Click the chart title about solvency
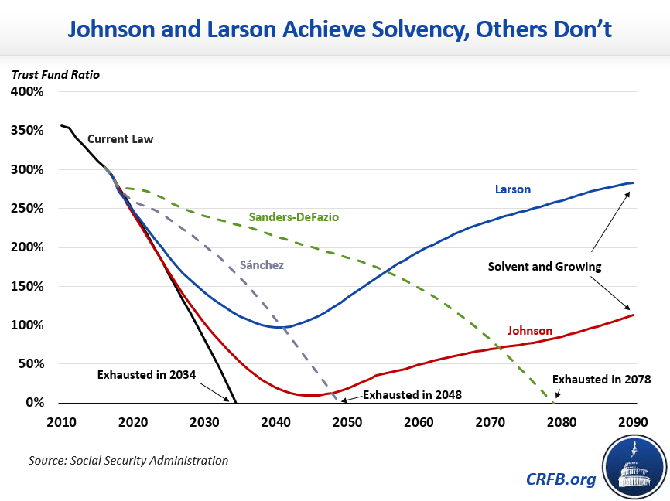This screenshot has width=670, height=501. click(x=334, y=30)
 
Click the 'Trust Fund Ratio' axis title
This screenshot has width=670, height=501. click(x=55, y=75)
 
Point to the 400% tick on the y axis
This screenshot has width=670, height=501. click(x=28, y=92)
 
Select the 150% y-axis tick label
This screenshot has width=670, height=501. click(x=28, y=286)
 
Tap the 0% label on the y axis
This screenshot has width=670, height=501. click(x=35, y=403)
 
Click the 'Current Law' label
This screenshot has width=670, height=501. click(x=120, y=140)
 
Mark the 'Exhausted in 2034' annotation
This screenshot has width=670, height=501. click(x=146, y=375)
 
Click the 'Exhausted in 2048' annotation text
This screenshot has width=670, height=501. click(x=412, y=395)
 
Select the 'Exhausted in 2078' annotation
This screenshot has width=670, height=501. click(x=601, y=380)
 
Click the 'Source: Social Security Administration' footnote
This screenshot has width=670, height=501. click(x=128, y=461)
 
